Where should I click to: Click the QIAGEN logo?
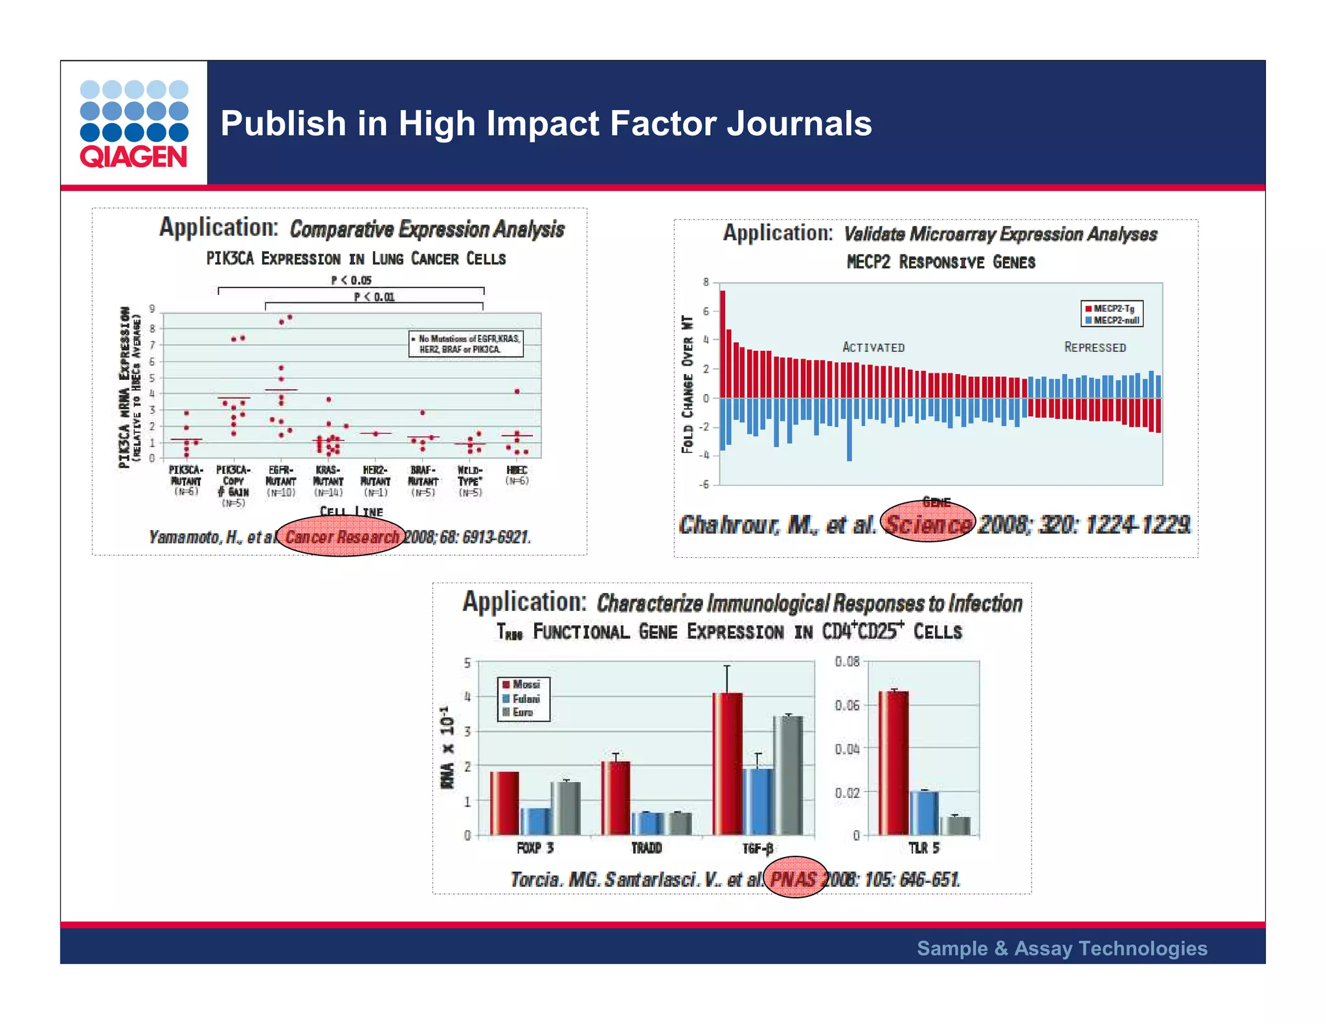point(134,124)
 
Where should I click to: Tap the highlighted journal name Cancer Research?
point(341,537)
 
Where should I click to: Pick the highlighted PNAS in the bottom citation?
point(794,879)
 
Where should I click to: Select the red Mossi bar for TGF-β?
point(727,764)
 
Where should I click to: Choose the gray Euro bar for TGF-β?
point(788,775)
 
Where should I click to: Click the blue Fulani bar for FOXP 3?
point(535,821)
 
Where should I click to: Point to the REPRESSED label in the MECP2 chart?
point(1095,348)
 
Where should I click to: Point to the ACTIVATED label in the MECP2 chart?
point(873,348)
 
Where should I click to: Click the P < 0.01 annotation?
point(374,297)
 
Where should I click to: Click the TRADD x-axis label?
point(647,848)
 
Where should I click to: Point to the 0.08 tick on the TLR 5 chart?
point(847,662)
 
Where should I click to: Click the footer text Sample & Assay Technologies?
point(1062,948)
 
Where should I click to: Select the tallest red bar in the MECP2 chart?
point(723,344)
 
